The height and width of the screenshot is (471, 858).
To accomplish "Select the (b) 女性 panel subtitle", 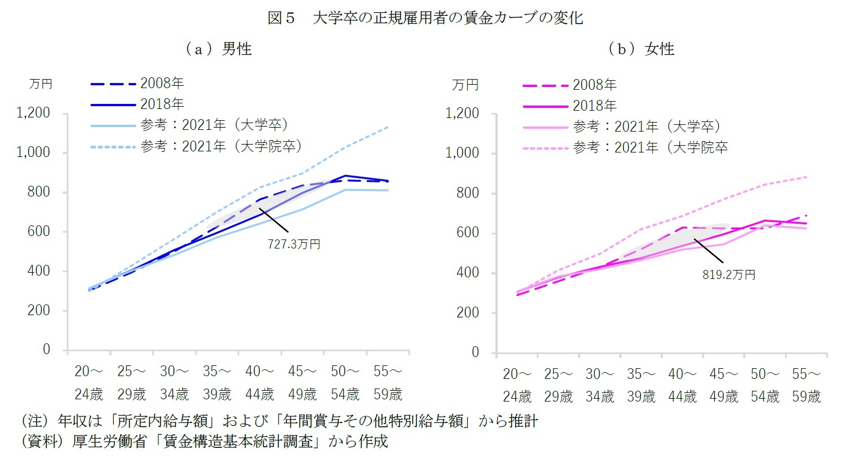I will pyautogui.click(x=641, y=50).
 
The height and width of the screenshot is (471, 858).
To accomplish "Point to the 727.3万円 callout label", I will pyautogui.click(x=294, y=245).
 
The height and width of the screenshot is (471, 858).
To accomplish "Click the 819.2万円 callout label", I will pyautogui.click(x=728, y=275).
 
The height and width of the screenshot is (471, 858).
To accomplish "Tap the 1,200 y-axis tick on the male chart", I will pyautogui.click(x=33, y=113).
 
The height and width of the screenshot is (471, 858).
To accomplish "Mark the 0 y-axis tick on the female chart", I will pyautogui.click(x=475, y=352).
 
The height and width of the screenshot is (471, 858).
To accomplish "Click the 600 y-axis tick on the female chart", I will pyautogui.click(x=467, y=233).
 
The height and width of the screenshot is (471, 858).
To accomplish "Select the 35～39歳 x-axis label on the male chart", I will pyautogui.click(x=217, y=383).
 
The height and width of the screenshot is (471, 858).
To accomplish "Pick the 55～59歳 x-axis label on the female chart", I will pyautogui.click(x=806, y=385).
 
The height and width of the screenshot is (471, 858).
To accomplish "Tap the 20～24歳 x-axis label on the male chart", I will pyautogui.click(x=89, y=383).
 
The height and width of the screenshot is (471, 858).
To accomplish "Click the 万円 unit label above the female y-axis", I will pyautogui.click(x=465, y=85).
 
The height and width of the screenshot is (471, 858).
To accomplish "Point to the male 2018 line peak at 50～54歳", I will pyautogui.click(x=346, y=176).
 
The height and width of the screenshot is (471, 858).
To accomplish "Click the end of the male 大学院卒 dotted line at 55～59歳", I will pyautogui.click(x=388, y=127).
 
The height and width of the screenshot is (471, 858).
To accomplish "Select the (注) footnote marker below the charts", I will pyautogui.click(x=35, y=421).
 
